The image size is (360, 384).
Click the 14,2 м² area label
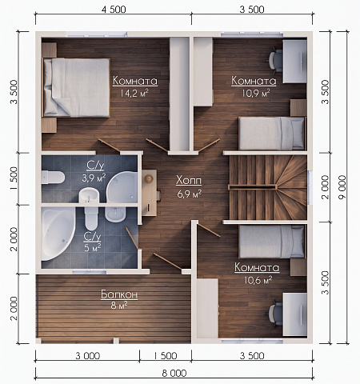click(134, 93)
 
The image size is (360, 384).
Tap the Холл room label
click(189, 181)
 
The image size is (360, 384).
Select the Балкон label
click(119, 294)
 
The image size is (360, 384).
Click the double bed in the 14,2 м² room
click(77, 88)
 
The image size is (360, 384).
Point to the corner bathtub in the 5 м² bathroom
click(58, 234)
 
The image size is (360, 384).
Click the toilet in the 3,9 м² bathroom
click(53, 178)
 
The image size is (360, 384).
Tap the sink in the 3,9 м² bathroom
click(89, 196)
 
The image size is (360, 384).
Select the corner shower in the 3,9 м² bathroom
click(122, 187)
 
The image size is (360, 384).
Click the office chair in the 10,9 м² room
click(274, 61)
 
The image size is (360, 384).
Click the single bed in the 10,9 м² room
click(272, 133)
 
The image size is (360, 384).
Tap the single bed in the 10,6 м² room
click(272, 242)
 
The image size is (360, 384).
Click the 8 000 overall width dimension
click(174, 373)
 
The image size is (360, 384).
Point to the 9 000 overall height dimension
click(342, 186)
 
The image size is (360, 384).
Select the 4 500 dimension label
click(114, 10)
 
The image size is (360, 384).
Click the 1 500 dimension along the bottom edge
click(166, 356)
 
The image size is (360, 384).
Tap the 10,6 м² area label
click(258, 280)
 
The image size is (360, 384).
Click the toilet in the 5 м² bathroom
click(91, 218)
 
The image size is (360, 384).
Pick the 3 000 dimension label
click(87, 356)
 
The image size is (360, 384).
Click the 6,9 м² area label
click(189, 194)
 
